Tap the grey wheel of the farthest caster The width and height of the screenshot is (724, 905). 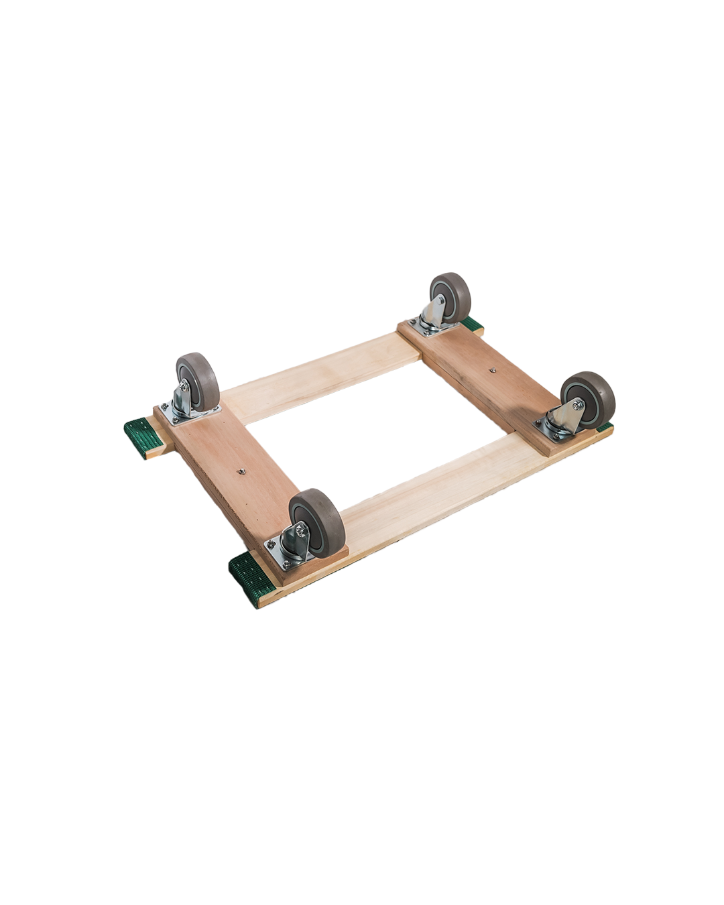450,296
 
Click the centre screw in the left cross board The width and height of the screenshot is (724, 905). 241,471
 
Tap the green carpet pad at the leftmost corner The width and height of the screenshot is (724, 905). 143,436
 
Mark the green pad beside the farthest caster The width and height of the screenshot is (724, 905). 473,326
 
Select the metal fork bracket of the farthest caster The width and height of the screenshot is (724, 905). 435,312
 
